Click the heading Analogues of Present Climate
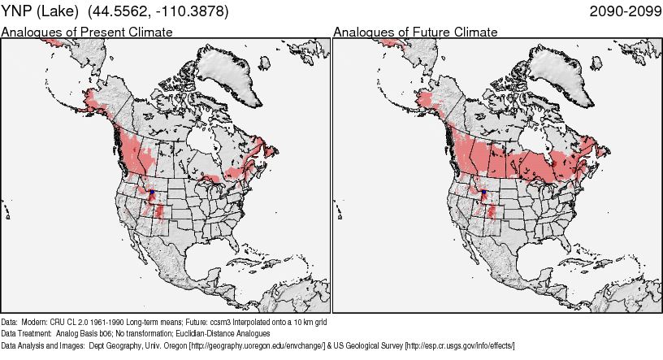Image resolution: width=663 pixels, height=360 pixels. pos(87,33)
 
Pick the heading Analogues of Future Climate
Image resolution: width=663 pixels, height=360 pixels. pos(415,33)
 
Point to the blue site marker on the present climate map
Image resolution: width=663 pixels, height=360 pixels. pos(152,192)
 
